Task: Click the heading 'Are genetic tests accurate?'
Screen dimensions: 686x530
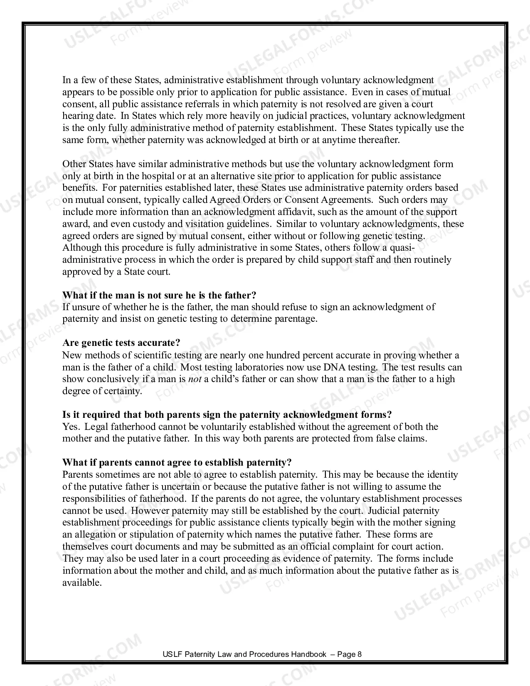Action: [121, 343]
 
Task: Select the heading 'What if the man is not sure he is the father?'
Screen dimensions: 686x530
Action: [159, 295]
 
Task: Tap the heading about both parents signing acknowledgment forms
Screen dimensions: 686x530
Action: [227, 415]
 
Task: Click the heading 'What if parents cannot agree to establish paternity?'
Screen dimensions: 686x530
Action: [177, 462]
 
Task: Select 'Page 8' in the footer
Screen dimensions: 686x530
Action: [349, 654]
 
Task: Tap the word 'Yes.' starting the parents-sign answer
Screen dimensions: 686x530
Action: [71, 427]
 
